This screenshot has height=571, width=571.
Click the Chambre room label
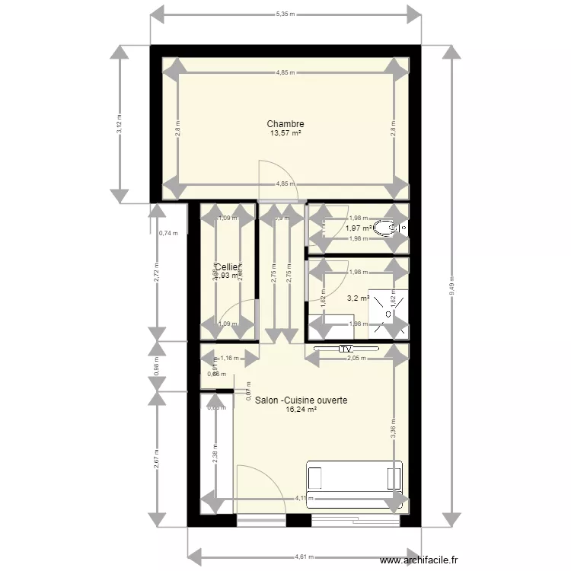pyautogui.click(x=285, y=124)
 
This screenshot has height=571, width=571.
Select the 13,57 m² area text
pyautogui.click(x=285, y=133)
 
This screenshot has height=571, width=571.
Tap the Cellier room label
pyautogui.click(x=228, y=267)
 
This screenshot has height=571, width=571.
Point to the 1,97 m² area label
pyautogui.click(x=358, y=228)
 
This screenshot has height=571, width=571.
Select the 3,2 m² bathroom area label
pyautogui.click(x=358, y=299)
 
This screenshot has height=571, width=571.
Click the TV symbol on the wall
pyautogui.click(x=348, y=349)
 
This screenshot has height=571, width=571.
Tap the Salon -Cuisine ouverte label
pyautogui.click(x=301, y=399)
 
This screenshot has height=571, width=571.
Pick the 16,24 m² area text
pyautogui.click(x=301, y=409)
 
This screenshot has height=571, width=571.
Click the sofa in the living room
pyautogui.click(x=354, y=477)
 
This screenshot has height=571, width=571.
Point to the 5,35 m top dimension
pyautogui.click(x=285, y=14)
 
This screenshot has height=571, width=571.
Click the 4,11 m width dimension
pyautogui.click(x=304, y=499)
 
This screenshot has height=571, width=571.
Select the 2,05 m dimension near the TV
pyautogui.click(x=356, y=358)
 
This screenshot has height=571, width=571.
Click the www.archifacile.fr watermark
pyautogui.click(x=419, y=560)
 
